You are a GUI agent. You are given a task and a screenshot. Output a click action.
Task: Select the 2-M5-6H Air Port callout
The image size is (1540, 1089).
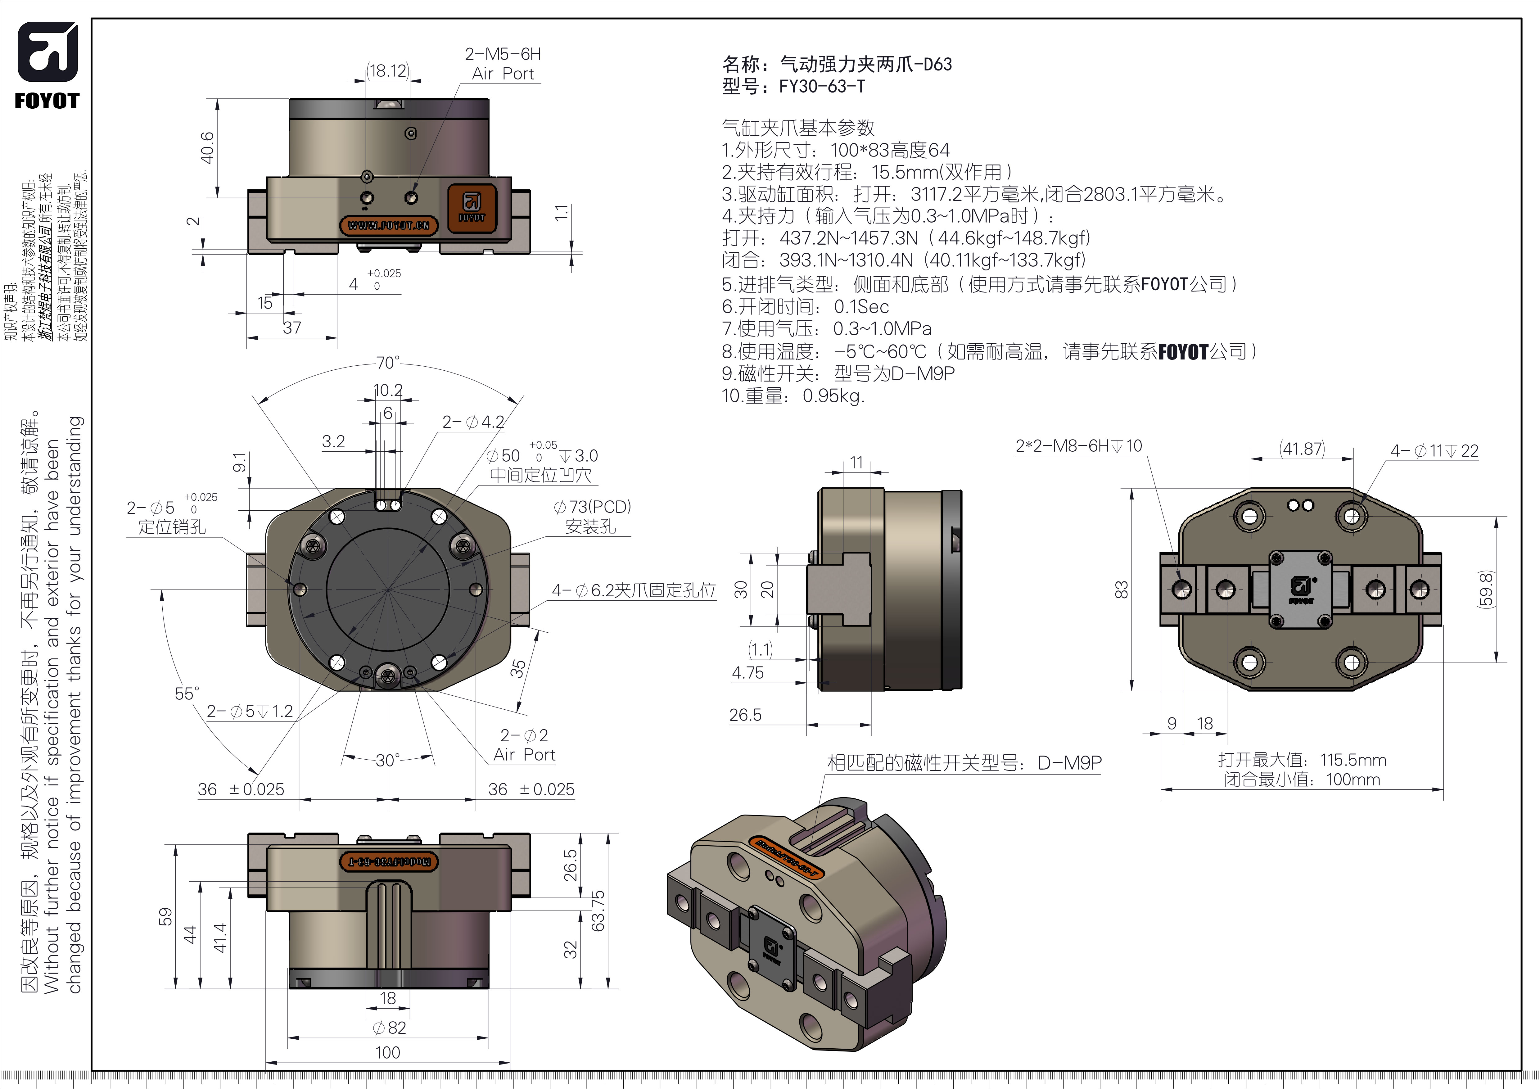click(503, 64)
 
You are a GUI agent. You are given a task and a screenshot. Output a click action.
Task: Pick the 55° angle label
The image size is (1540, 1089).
click(187, 694)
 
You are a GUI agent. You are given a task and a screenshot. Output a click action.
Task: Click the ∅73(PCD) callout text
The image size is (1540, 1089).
click(592, 507)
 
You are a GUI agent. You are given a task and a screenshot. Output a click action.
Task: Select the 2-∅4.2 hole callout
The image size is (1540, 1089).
click(473, 422)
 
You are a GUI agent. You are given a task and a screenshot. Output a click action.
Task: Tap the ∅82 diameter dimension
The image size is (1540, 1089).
click(389, 1027)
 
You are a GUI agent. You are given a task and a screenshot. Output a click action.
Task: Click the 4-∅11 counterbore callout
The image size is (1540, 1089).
click(1434, 451)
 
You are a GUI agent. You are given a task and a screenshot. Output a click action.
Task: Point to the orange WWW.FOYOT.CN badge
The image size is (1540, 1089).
click(389, 225)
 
